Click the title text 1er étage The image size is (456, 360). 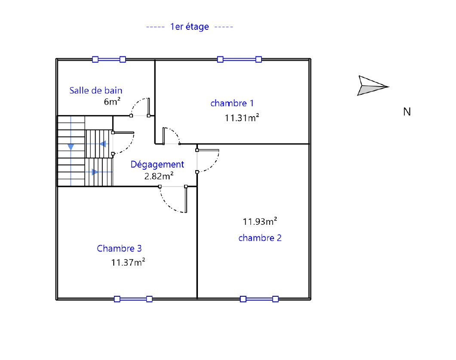[189, 27]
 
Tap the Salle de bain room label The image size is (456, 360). [96, 90]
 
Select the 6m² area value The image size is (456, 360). [112, 101]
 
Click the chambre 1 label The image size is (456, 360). [232, 103]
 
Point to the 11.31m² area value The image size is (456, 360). [242, 118]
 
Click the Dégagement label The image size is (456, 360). [157, 165]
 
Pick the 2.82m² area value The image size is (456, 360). [159, 176]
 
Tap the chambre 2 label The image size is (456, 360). [260, 238]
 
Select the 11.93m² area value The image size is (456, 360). [260, 221]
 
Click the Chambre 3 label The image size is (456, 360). [119, 248]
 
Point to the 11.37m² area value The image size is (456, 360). [128, 262]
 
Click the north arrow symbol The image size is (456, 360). [373, 86]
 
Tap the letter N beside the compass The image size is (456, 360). [407, 112]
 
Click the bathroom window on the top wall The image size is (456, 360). [109, 59]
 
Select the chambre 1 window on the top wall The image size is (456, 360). [239, 59]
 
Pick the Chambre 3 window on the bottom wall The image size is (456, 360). [133, 299]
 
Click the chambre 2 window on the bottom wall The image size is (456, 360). [259, 299]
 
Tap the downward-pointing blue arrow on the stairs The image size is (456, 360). [71, 147]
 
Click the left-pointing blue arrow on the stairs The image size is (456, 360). [102, 144]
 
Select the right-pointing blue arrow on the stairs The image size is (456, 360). [95, 172]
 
